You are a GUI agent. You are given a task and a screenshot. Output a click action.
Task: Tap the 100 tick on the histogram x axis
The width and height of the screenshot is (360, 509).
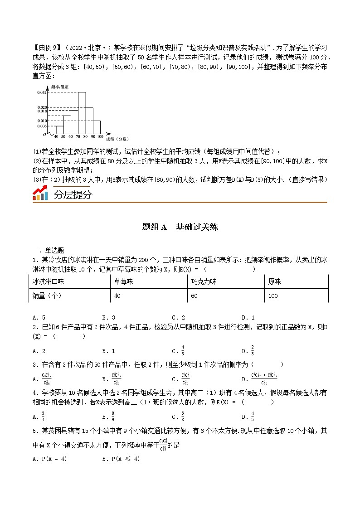[x=100, y=136]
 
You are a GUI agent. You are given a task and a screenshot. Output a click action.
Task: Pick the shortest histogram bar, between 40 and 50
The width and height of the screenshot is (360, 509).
[x=56, y=130]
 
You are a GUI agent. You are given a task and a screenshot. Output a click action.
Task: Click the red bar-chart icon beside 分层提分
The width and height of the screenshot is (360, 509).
[x=40, y=194]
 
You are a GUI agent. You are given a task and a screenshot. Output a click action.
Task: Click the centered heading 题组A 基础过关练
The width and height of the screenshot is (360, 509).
[x=180, y=227]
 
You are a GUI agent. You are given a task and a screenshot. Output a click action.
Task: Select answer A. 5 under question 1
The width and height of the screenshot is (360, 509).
[x=39, y=317]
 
